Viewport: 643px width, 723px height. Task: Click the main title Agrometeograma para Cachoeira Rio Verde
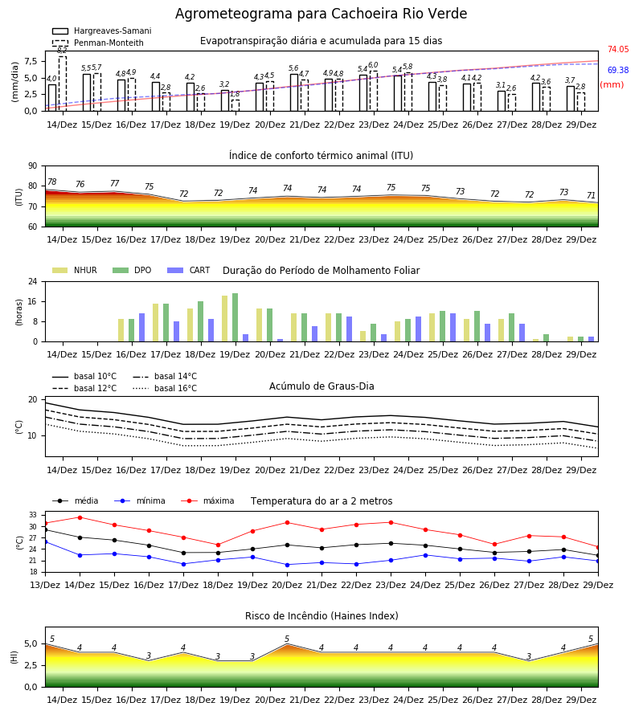point(321,14)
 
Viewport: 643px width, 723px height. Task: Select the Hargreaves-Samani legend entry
point(102,31)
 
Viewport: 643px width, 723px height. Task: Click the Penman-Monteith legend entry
point(98,43)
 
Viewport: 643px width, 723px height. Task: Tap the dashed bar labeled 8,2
point(62,84)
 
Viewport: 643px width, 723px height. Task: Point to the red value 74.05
point(618,49)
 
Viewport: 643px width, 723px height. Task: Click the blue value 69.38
point(618,70)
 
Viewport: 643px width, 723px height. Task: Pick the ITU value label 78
point(52,182)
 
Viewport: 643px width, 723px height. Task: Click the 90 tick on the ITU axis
point(33,166)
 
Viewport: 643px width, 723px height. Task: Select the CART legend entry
point(189,270)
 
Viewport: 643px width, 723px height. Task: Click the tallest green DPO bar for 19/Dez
point(235,317)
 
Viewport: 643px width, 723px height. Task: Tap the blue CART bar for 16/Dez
point(141,328)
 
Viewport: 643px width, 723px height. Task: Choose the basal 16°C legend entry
point(165,388)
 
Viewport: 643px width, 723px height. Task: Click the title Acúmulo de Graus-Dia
point(321,386)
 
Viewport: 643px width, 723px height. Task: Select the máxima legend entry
point(207,500)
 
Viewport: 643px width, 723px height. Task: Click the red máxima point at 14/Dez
point(80,517)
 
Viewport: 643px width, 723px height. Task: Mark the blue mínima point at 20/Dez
point(288,565)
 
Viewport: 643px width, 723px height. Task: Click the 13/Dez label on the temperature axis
point(45,585)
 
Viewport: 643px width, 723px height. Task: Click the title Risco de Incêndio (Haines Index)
point(321,616)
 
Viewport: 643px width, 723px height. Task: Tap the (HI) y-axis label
point(14,657)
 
